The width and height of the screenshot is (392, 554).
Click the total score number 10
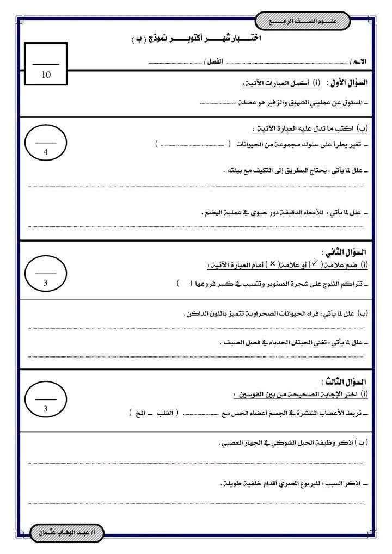pyautogui.click(x=46, y=75)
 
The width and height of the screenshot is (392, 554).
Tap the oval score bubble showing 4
pyautogui.click(x=46, y=145)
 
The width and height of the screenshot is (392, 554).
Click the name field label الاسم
pyautogui.click(x=359, y=63)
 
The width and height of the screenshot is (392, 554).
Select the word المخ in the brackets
pyautogui.click(x=140, y=413)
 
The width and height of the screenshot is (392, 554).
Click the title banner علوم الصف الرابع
pyautogui.click(x=303, y=22)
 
